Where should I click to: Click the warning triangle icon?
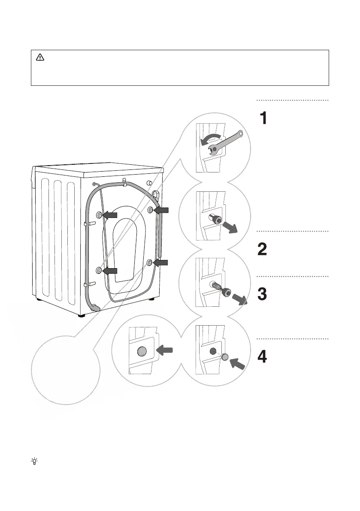[40, 57]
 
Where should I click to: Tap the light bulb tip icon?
[34, 461]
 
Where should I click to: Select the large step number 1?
[263, 118]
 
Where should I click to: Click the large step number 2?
[262, 249]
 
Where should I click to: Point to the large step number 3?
[262, 294]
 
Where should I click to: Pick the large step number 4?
[262, 357]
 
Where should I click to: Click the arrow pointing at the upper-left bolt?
[110, 215]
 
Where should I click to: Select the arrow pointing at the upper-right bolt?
[161, 210]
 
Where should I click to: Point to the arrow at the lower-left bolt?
[110, 270]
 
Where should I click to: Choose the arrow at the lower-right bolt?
[160, 262]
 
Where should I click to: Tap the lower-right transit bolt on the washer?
[150, 262]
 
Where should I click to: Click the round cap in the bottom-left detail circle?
[142, 352]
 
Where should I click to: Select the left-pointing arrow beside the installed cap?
[164, 351]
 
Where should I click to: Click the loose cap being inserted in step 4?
[225, 357]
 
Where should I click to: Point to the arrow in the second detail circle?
[230, 227]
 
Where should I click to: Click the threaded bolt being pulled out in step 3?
[221, 288]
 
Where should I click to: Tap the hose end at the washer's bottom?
[95, 307]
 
